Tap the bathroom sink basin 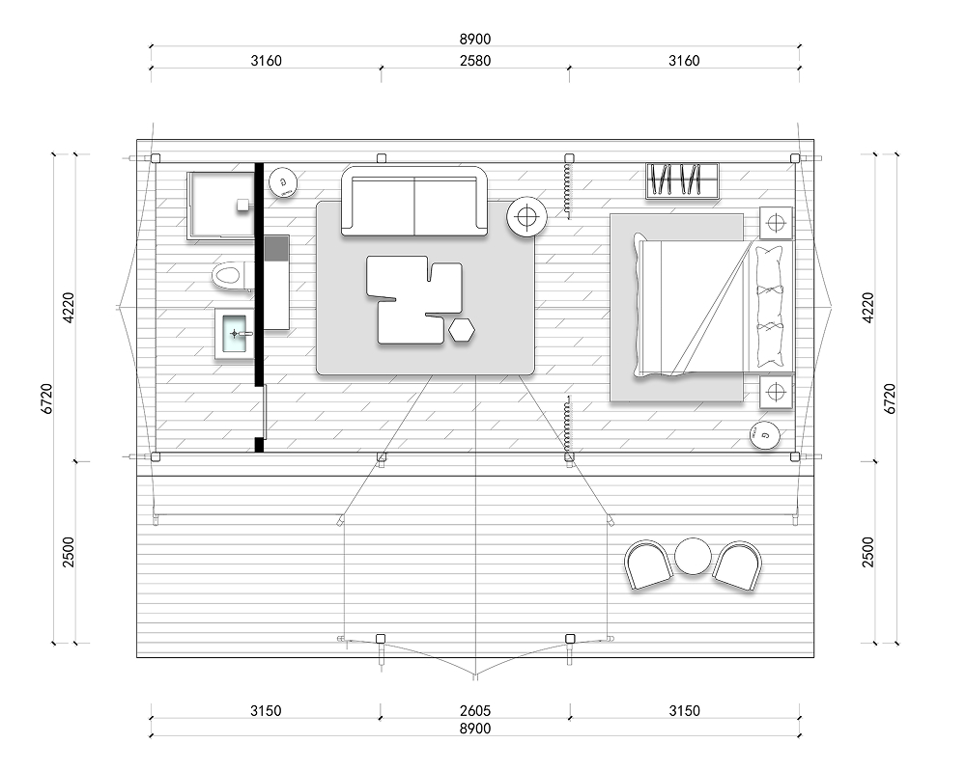tap(234, 334)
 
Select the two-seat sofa tap(415, 201)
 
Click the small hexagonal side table tap(462, 330)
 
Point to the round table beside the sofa tap(526, 217)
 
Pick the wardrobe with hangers tap(683, 180)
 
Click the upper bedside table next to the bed tap(776, 222)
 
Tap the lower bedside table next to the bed tap(776, 392)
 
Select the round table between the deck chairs tap(693, 556)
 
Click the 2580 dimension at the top tap(475, 60)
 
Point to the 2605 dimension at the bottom tap(475, 711)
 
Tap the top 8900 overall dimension tap(475, 39)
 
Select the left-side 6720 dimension tap(47, 399)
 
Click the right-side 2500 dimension tap(868, 552)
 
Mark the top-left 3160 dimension tap(267, 60)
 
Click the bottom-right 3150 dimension tap(685, 711)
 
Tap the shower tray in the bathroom tap(221, 205)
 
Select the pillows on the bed tap(771, 307)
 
